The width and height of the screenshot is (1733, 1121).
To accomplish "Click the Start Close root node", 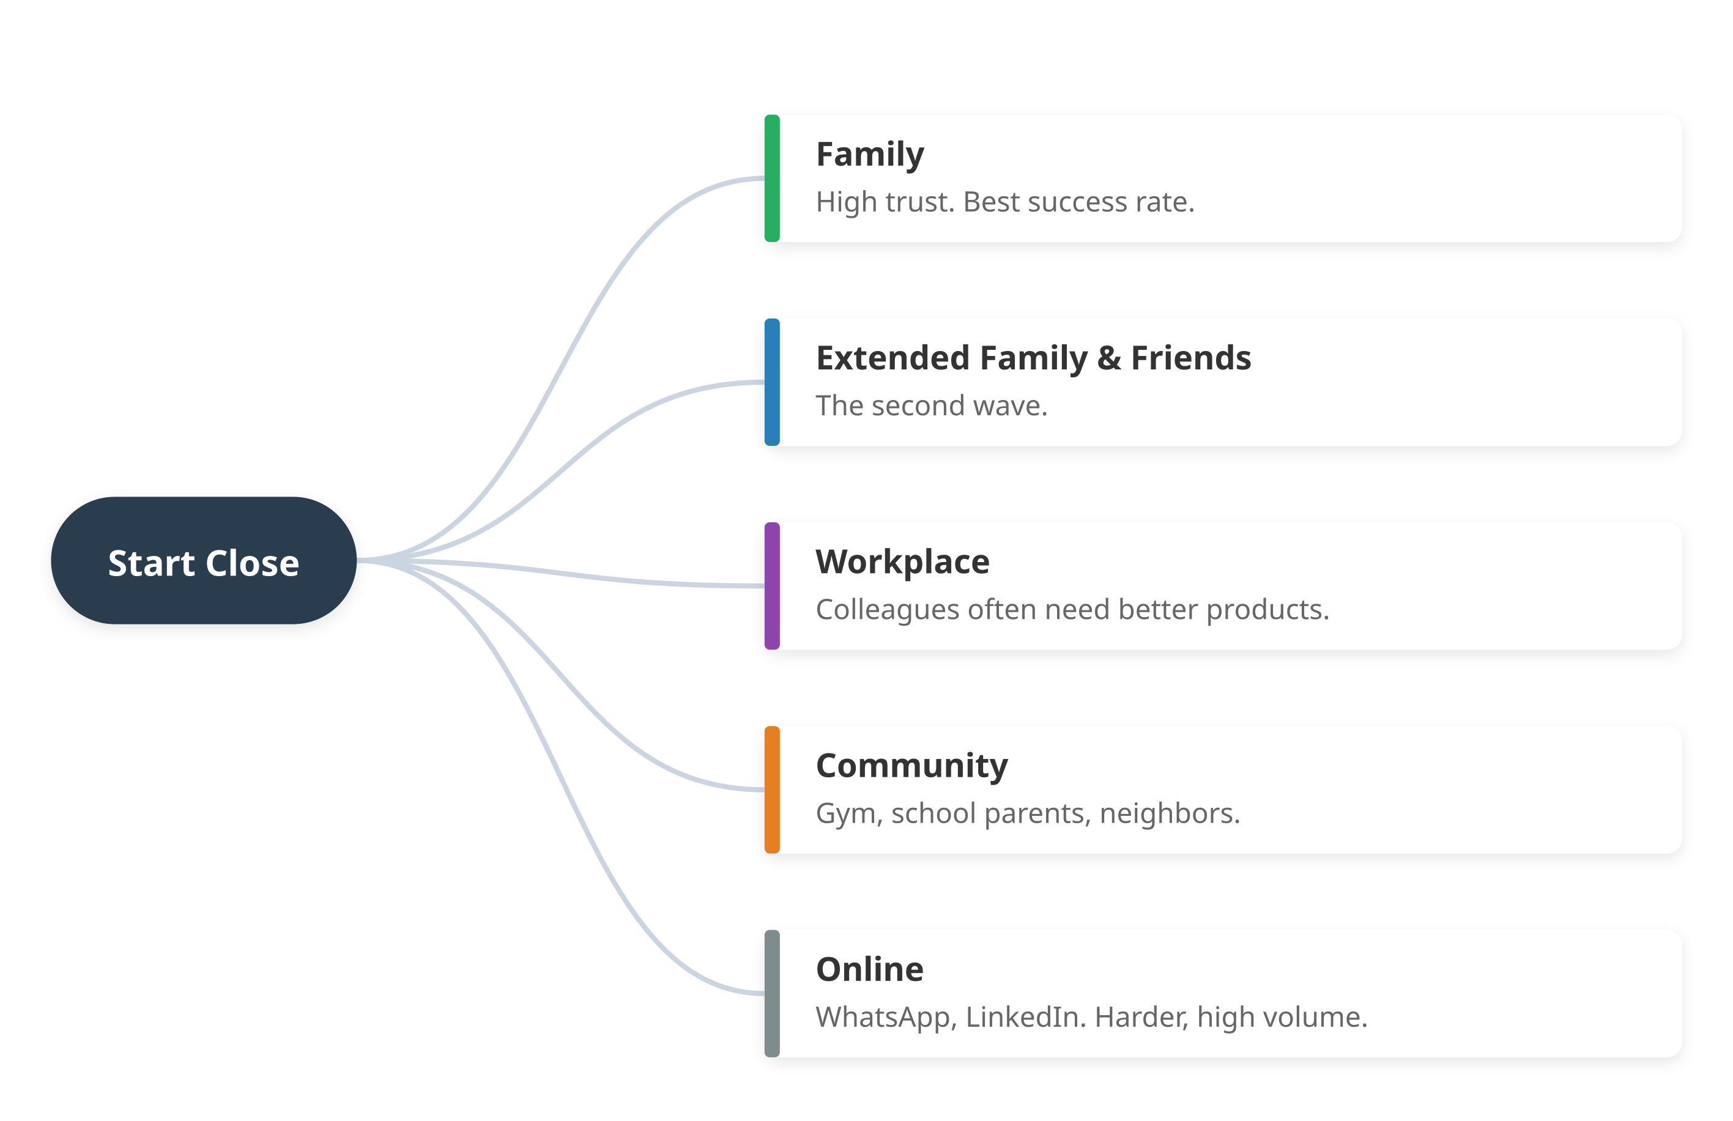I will (x=203, y=561).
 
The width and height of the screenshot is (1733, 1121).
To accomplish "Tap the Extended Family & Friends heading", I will (x=1033, y=358).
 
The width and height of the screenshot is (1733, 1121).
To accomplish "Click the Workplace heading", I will (x=902, y=562).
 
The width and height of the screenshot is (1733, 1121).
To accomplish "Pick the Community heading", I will (x=911, y=766).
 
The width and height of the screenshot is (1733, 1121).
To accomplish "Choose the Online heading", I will (x=869, y=969).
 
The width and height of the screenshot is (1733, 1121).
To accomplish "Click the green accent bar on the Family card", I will (x=772, y=179).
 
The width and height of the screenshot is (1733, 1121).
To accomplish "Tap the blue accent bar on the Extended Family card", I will (x=772, y=382).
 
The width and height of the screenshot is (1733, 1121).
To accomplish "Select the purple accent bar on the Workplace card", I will (x=772, y=586).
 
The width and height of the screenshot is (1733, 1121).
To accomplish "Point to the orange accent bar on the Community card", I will (x=772, y=790).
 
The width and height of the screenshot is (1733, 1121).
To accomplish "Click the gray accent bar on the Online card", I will (x=772, y=994).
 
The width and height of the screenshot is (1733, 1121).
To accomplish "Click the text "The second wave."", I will (x=931, y=406).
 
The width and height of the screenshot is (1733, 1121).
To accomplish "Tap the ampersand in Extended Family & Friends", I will (x=1109, y=358).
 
